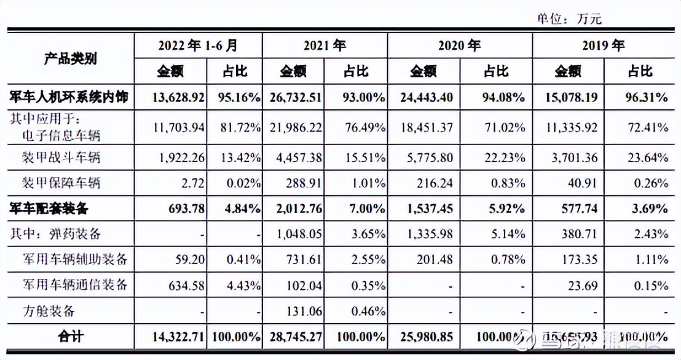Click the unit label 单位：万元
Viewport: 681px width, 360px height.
tap(570, 18)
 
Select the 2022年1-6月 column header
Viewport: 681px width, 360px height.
tap(197, 45)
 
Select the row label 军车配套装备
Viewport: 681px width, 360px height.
tap(49, 208)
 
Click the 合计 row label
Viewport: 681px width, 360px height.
tap(72, 337)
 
